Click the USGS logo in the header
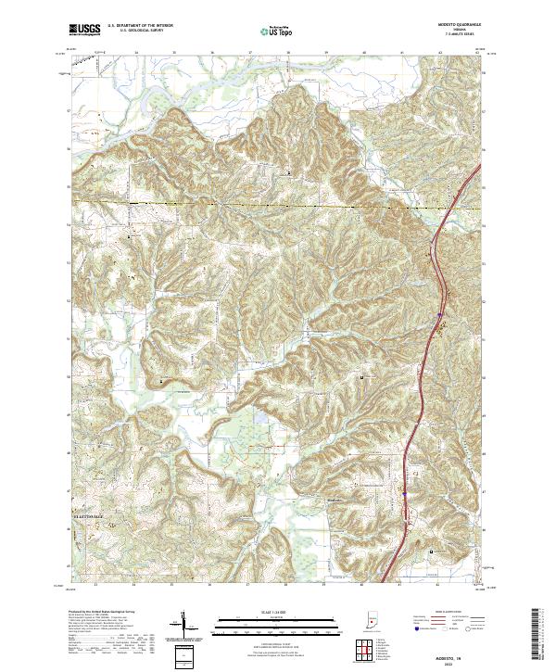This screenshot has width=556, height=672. pyautogui.click(x=84, y=30)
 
